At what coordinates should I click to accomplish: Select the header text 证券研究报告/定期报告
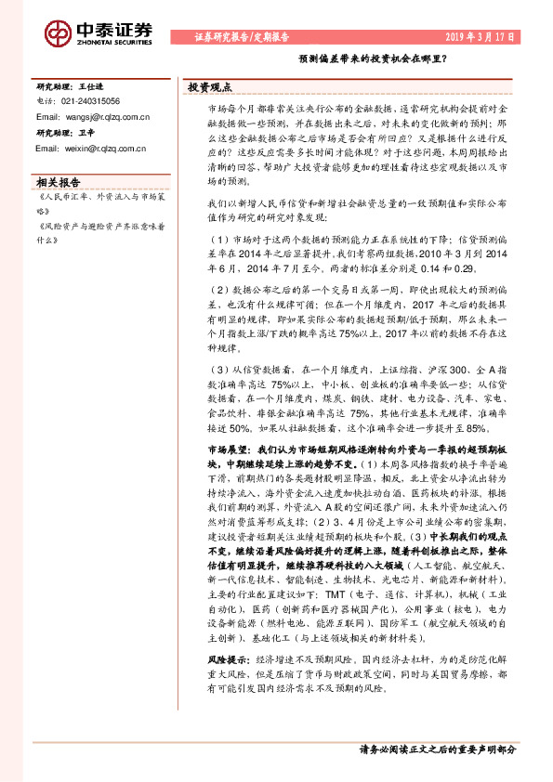244,38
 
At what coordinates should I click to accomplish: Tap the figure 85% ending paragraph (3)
476,428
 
